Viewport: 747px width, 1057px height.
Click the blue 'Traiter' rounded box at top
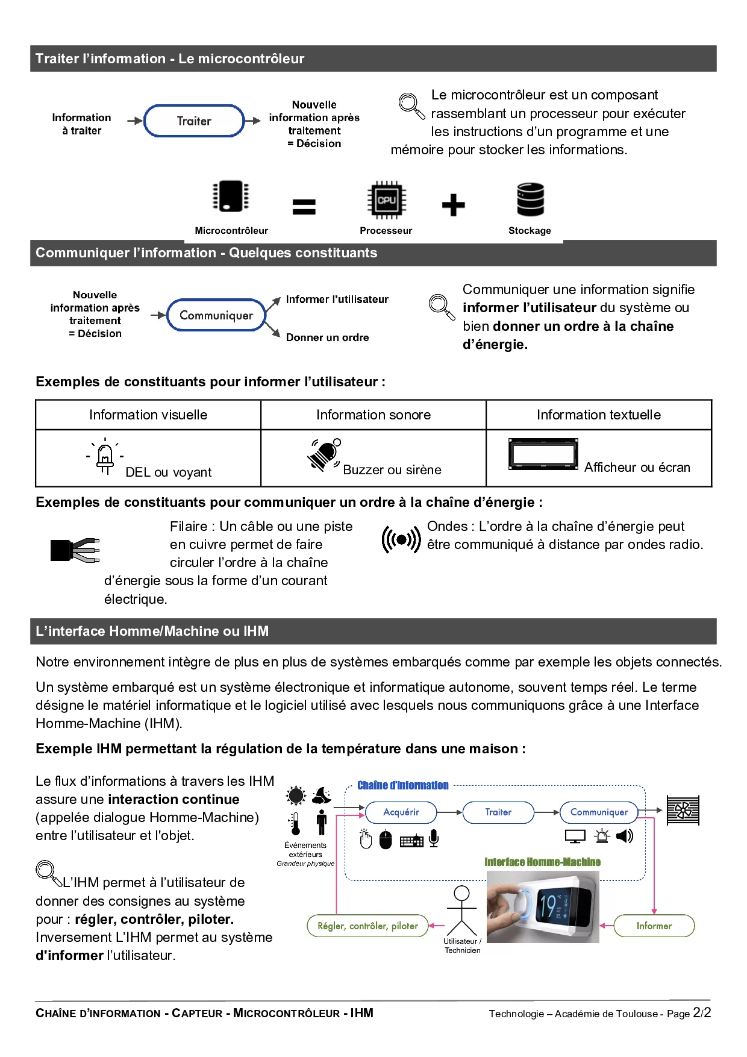point(194,121)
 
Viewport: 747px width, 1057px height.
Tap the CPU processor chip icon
point(386,200)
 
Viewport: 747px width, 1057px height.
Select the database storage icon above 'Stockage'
point(530,199)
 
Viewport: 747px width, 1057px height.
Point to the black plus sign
point(453,205)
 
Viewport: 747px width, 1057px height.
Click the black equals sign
point(304,207)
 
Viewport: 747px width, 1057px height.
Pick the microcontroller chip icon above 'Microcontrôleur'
point(231,196)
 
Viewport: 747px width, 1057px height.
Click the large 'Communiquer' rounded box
point(216,315)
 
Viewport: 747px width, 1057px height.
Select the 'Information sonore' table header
point(373,415)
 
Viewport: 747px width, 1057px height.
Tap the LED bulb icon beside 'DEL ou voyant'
point(105,457)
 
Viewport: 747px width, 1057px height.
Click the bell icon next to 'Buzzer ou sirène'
point(325,454)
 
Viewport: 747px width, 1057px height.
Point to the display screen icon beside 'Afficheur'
point(543,454)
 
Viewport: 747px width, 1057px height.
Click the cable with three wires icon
point(75,550)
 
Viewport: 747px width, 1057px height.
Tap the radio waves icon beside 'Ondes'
point(401,539)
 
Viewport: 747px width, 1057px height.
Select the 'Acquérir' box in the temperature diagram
point(401,812)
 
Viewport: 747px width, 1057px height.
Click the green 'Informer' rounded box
point(654,926)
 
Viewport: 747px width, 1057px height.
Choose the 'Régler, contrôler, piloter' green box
point(367,926)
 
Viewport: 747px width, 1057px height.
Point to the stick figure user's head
point(461,892)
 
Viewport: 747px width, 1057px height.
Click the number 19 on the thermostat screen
point(548,906)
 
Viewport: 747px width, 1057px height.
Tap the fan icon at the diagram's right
point(683,811)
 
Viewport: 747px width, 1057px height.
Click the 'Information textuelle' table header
point(599,415)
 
